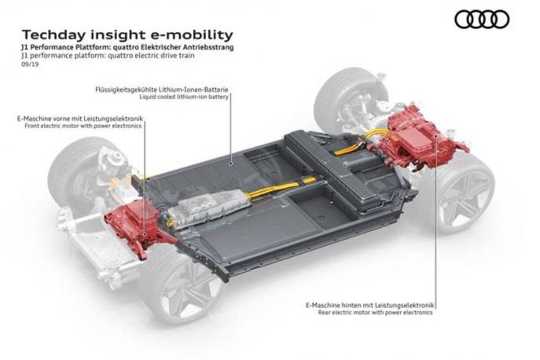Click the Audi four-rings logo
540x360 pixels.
[x=482, y=19]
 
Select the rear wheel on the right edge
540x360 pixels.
[x=468, y=189]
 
